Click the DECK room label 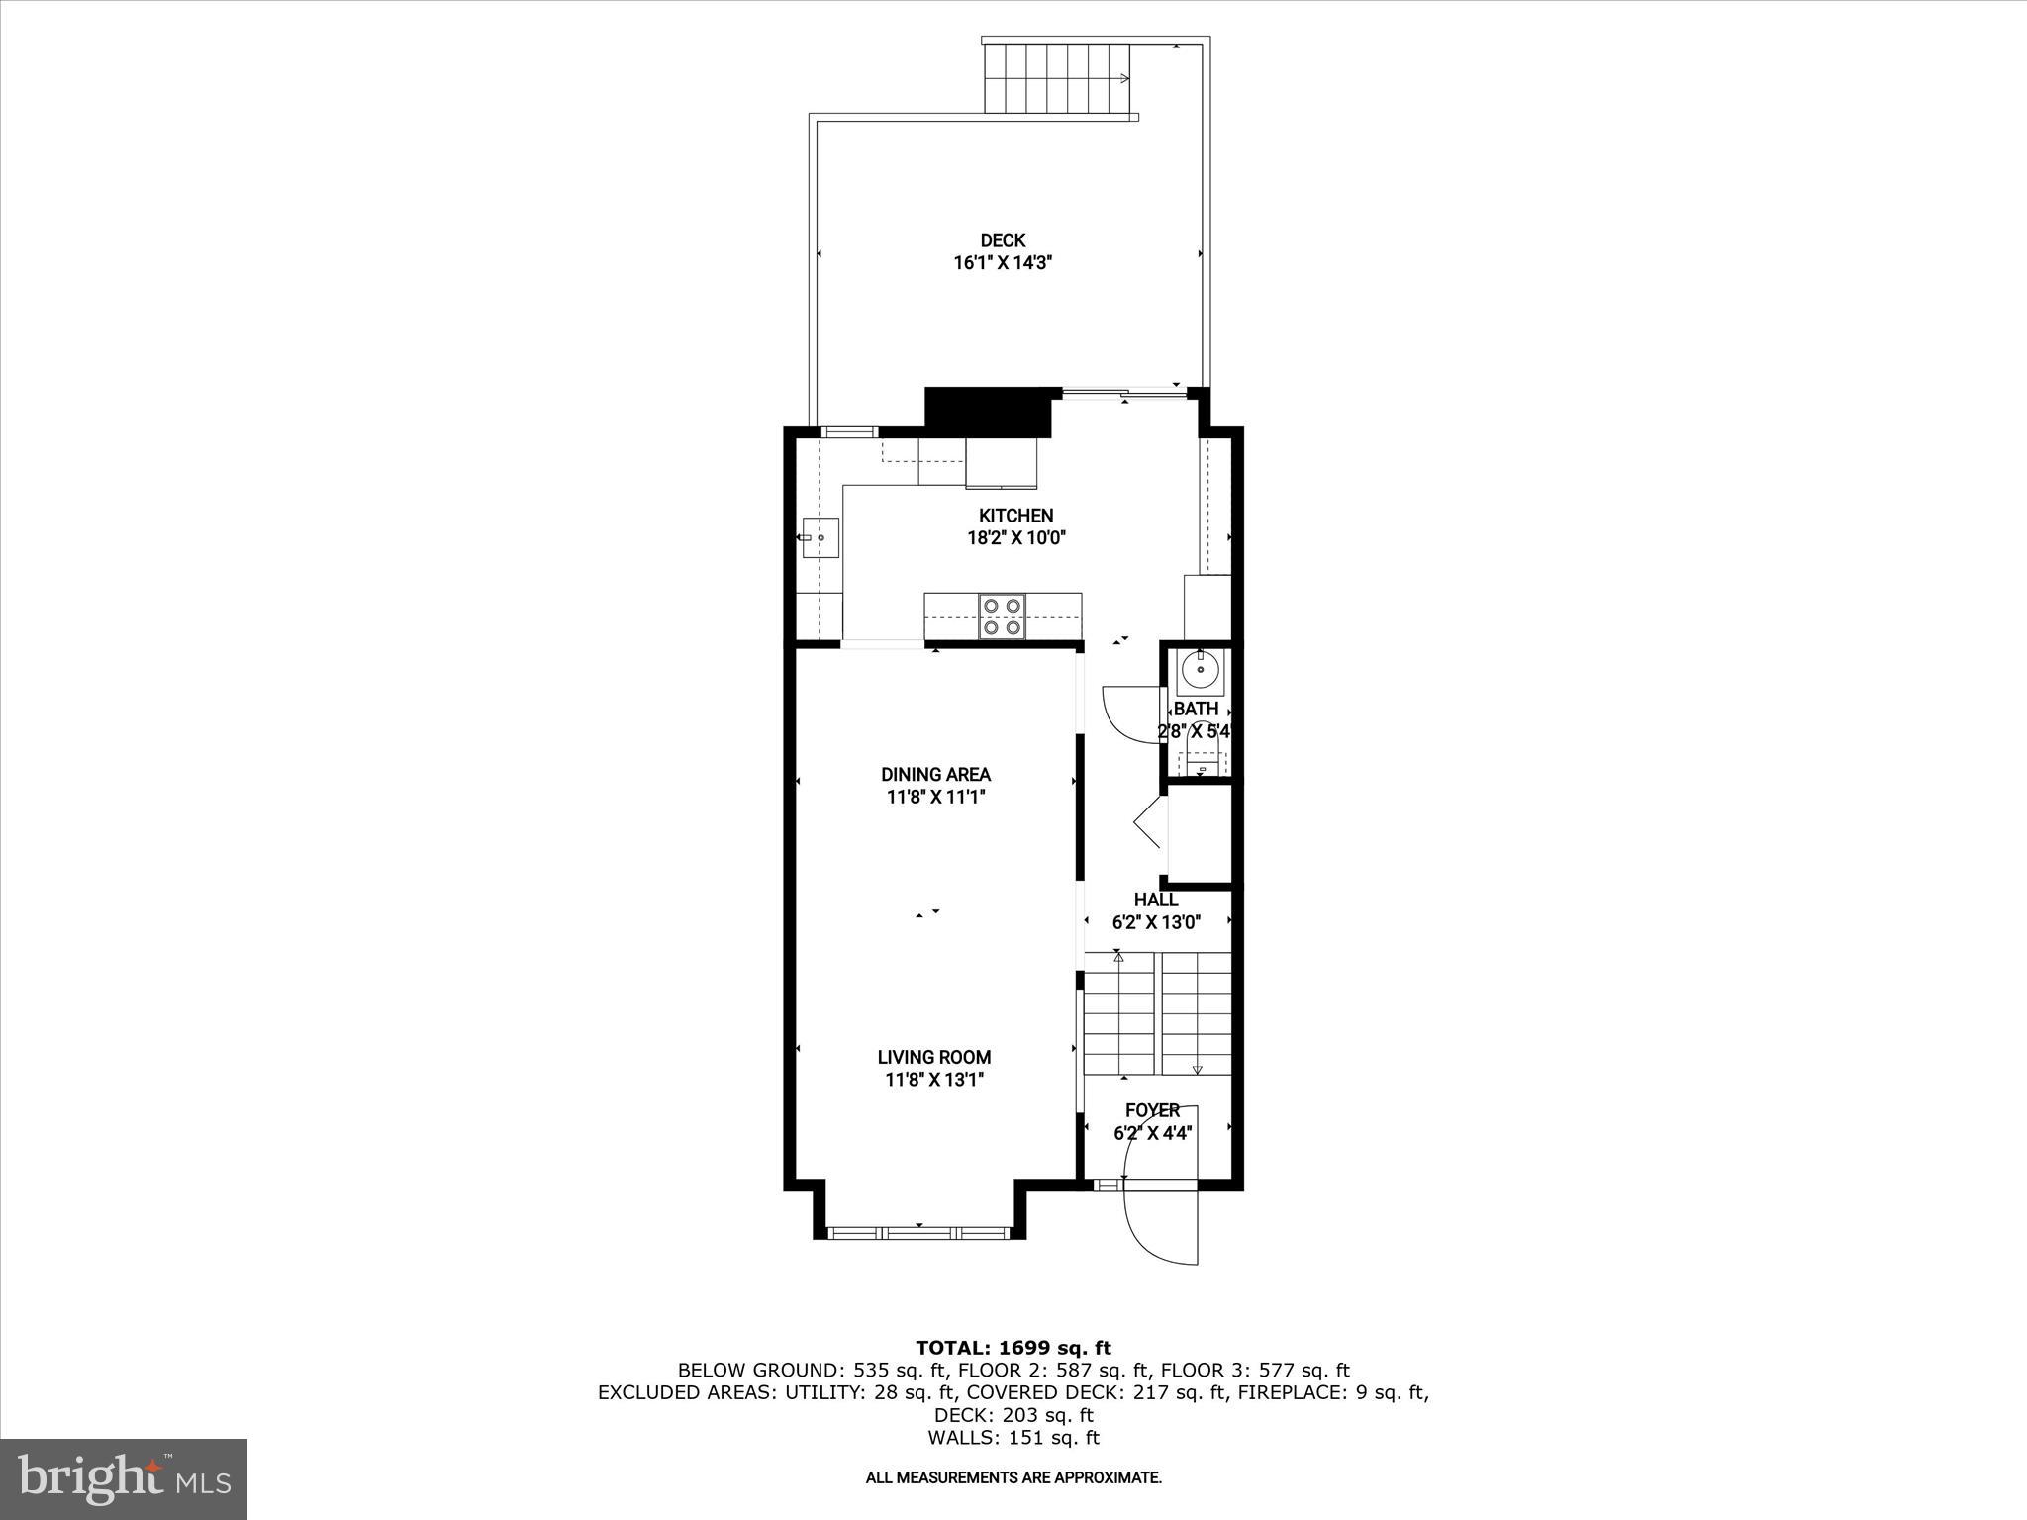click(1003, 240)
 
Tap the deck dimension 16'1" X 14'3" click(1003, 263)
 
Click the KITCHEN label click(1015, 516)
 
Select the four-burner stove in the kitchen click(1003, 616)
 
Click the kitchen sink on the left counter click(820, 538)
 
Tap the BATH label click(1196, 710)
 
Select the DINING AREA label click(935, 775)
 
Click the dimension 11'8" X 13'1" click(934, 1080)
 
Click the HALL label click(1155, 900)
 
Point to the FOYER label click(1152, 1110)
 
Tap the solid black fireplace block click(987, 411)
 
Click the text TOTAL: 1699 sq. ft click(1013, 1348)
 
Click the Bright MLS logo click(124, 1479)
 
